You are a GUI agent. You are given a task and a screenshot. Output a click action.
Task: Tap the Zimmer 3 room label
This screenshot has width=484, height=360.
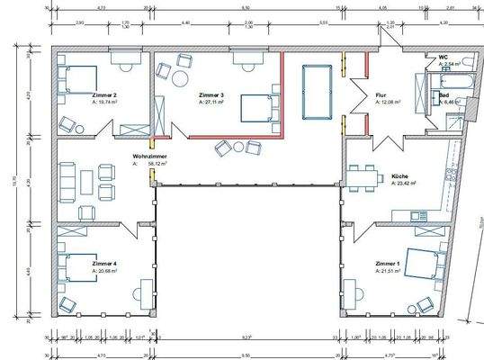click(211, 94)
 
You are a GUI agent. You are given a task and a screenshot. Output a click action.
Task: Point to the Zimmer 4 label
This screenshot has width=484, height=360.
click(105, 264)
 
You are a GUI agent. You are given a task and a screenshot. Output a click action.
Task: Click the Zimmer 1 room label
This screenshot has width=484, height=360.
click(390, 264)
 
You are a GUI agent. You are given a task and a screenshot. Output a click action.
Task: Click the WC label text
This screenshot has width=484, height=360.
click(444, 57)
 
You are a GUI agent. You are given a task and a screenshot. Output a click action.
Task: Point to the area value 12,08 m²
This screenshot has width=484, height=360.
click(387, 103)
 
